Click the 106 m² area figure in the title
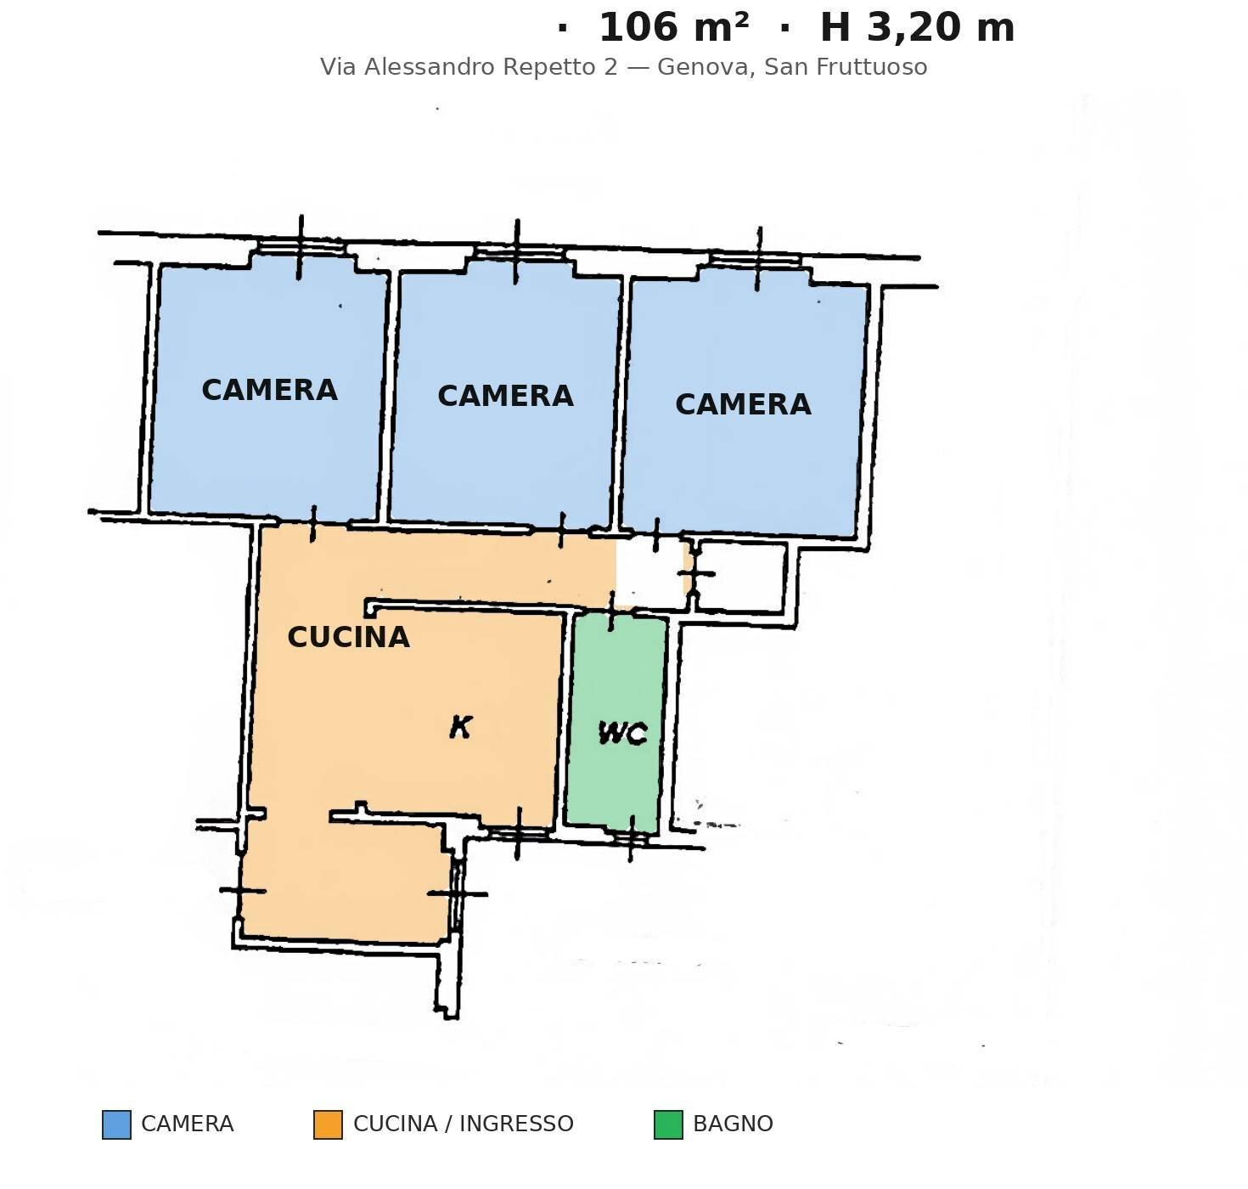[673, 28]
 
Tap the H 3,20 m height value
[917, 28]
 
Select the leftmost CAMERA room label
[269, 390]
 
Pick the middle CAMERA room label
[505, 397]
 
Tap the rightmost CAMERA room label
[743, 404]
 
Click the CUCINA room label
[348, 637]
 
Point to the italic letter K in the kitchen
[461, 727]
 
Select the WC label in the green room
[623, 734]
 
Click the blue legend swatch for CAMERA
[117, 1124]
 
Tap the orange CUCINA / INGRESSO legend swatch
[329, 1124]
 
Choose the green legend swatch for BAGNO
[668, 1124]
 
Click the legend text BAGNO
[734, 1124]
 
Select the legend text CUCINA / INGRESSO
[464, 1124]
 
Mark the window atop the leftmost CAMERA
[301, 248]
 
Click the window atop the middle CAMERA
[517, 252]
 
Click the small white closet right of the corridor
[741, 578]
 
